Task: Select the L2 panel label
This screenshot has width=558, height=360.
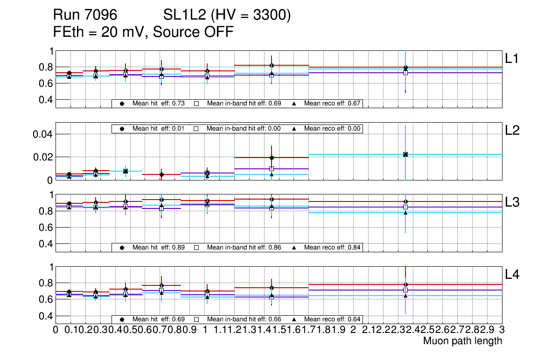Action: (512, 131)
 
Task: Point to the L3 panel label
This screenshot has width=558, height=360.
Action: (512, 202)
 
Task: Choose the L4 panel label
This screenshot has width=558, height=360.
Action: (512, 275)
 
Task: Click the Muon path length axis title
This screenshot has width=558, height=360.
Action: (462, 341)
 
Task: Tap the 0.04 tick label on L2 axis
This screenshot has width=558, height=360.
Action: (41, 134)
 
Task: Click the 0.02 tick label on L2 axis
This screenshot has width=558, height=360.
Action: (41, 157)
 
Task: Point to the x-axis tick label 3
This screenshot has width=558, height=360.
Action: (502, 330)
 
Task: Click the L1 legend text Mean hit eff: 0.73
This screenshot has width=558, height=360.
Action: (159, 103)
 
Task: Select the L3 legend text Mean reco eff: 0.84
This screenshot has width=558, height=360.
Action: (333, 247)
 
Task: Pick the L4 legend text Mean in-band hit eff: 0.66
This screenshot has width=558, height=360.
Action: (244, 319)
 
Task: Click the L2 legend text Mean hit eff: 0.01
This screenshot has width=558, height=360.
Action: (159, 128)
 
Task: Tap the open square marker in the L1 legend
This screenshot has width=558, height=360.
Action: (196, 103)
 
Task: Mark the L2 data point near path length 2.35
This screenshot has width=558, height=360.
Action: (405, 154)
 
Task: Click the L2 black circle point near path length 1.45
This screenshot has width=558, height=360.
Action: (272, 158)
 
